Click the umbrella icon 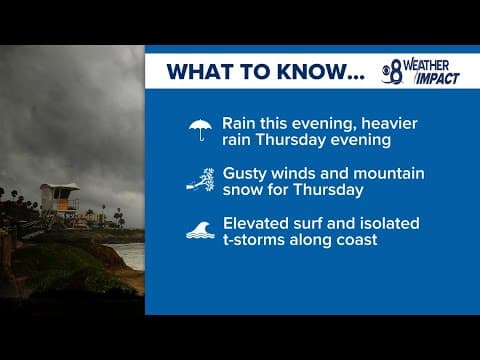(x=201, y=130)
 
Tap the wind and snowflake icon (x=200, y=181)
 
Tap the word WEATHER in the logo (x=430, y=64)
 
